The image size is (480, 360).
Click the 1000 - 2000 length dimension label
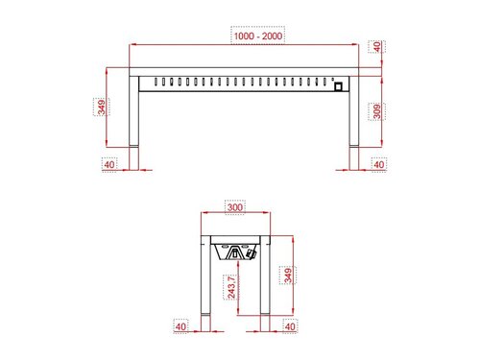click(257, 36)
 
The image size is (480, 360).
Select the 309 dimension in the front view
click(377, 112)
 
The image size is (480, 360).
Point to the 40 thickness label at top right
click(377, 45)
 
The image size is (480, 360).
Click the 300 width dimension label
click(234, 206)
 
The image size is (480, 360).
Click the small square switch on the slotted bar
click(337, 85)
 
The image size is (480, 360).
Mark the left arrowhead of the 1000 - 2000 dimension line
click(134, 44)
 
